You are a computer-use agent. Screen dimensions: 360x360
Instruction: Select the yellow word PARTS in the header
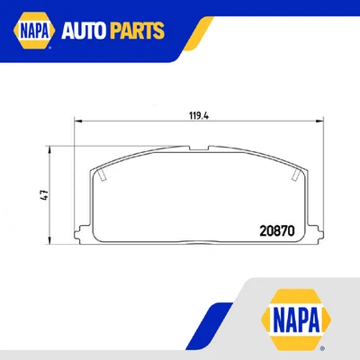[139, 32]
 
